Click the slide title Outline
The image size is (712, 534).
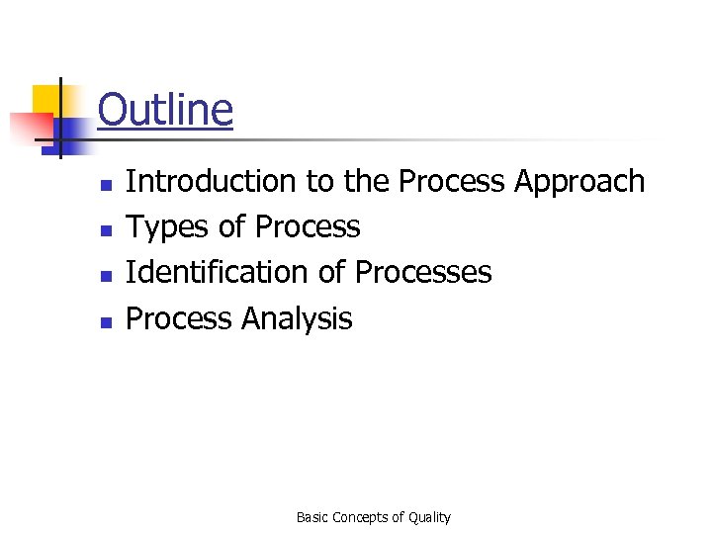tap(165, 110)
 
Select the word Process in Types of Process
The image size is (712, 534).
tap(307, 227)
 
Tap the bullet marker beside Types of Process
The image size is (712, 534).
tap(104, 230)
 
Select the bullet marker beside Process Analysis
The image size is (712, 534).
tap(104, 321)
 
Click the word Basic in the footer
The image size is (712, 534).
tap(312, 517)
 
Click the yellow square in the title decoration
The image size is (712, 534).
tap(47, 99)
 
